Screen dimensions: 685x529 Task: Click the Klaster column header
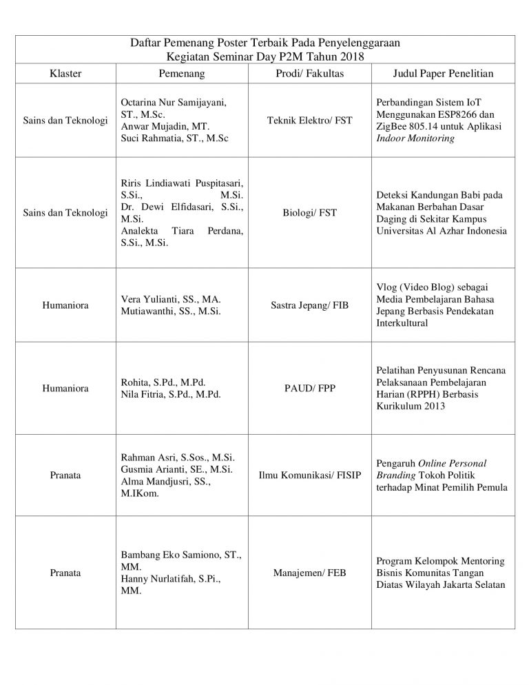(66, 72)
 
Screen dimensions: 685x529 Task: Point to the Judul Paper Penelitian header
(443, 72)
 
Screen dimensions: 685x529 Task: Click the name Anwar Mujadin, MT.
(160, 126)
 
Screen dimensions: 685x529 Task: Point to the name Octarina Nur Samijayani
(174, 101)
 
